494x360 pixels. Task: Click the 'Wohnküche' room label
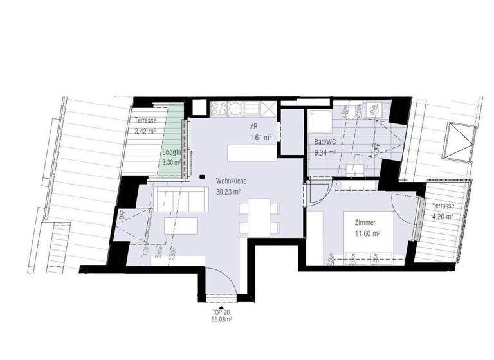228,181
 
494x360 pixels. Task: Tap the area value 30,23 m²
228,191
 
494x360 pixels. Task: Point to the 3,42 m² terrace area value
145,130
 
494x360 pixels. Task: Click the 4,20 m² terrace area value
444,217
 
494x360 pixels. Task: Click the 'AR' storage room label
254,127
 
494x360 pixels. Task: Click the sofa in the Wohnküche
179,202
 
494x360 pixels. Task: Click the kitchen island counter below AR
250,154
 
